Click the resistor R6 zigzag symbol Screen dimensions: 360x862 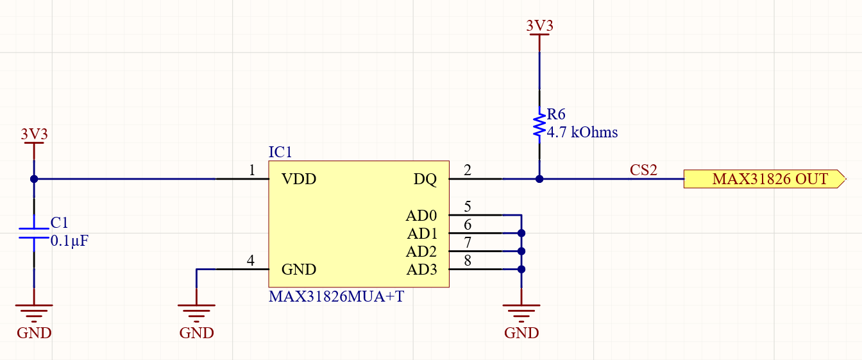click(x=539, y=124)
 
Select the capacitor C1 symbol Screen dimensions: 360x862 click(x=34, y=233)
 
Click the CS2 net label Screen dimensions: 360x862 click(x=643, y=170)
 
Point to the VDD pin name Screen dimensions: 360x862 click(x=299, y=179)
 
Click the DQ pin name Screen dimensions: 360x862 click(x=425, y=179)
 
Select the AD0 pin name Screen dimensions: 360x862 click(x=421, y=215)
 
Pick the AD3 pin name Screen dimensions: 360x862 click(x=421, y=270)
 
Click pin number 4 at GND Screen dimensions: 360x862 click(x=251, y=261)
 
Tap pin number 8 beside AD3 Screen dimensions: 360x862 click(x=467, y=261)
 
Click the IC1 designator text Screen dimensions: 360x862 click(x=280, y=153)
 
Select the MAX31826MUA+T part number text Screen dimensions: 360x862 click(x=336, y=297)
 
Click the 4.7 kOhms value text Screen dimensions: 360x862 click(x=582, y=133)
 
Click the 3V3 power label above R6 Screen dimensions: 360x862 click(x=539, y=26)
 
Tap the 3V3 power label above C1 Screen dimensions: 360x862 click(x=34, y=134)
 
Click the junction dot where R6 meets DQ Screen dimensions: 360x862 click(x=539, y=179)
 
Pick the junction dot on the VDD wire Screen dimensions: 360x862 click(x=34, y=179)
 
